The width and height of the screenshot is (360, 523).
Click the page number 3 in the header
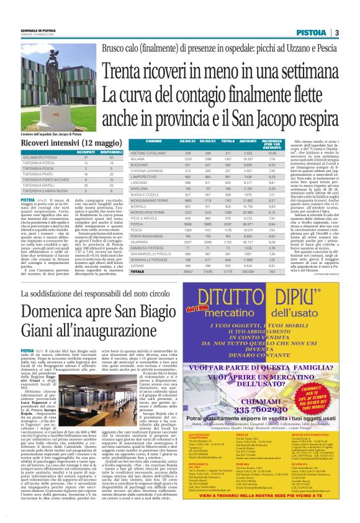(x=336, y=33)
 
